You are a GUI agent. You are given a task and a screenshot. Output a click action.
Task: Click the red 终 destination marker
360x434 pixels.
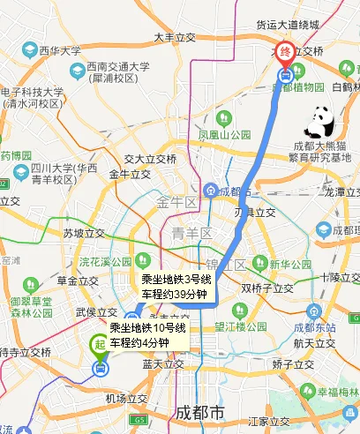pos(285,52)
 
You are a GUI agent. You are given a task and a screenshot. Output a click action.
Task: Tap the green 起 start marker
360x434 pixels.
pos(100,345)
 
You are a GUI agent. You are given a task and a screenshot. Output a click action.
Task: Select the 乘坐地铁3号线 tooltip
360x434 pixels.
pos(176,288)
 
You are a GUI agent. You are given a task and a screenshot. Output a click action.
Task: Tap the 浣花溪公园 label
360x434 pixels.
pos(104,262)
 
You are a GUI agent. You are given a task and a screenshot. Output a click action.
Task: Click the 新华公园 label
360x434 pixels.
pos(291,264)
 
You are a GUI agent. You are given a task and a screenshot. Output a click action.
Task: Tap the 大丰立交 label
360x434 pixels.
pos(174,38)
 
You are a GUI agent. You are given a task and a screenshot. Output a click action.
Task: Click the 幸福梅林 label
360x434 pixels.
pos(338,392)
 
